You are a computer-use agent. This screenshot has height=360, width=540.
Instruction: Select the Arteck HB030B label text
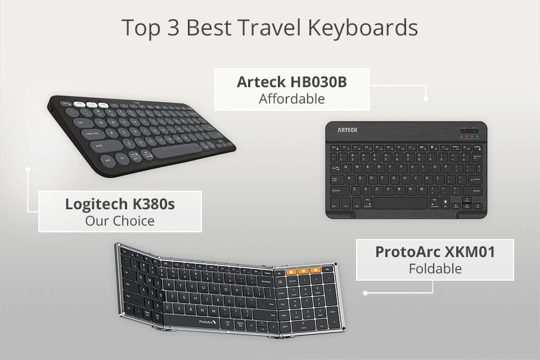[x=291, y=82]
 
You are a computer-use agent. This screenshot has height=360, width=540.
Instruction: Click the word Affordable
[x=291, y=99]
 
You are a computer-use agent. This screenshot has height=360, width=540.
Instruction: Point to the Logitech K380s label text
[x=120, y=204]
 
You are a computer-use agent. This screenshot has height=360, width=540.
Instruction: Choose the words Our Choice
[x=120, y=220]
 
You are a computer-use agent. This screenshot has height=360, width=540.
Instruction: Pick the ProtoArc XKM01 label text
[x=435, y=252]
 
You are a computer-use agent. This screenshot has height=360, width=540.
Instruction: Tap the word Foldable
[x=435, y=269]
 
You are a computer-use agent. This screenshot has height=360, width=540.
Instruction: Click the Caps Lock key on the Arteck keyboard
[x=335, y=178]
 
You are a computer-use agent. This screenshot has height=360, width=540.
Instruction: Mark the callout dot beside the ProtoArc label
[x=366, y=293]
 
